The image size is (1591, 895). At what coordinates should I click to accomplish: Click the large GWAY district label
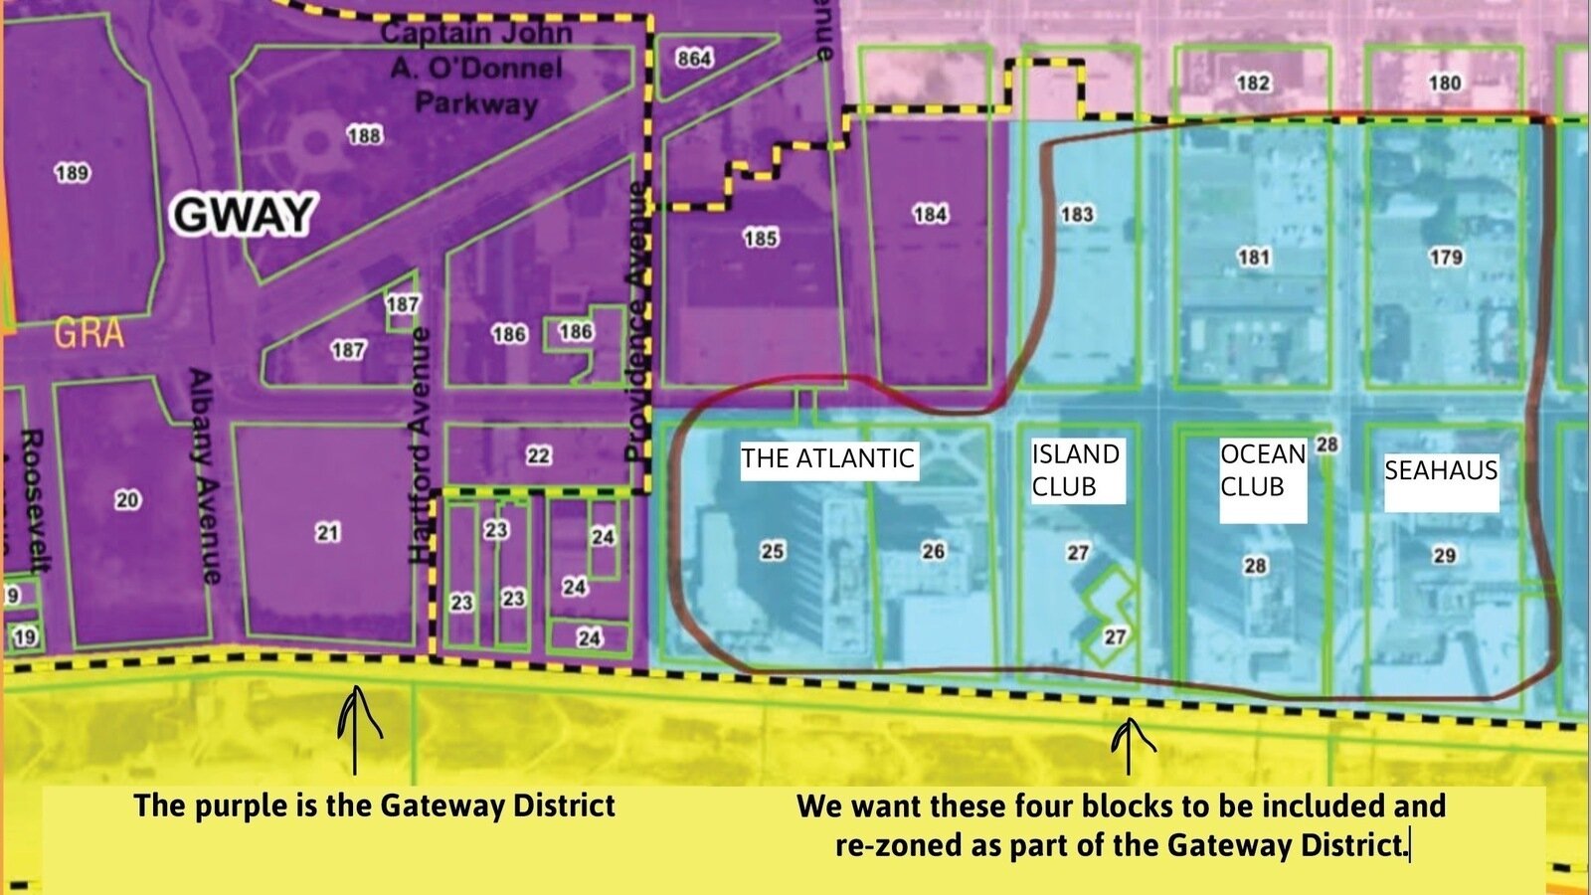[x=245, y=215]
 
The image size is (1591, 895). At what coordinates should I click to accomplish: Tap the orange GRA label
[x=88, y=333]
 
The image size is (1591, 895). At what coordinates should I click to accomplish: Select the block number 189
[x=72, y=173]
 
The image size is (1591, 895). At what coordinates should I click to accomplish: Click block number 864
[x=694, y=59]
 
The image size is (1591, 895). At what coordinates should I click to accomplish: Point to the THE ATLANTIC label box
[x=827, y=458]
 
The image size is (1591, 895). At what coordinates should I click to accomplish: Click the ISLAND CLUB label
[x=1075, y=470]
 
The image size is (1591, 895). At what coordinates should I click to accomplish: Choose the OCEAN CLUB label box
[x=1261, y=471]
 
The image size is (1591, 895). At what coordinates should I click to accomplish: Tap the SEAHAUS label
[x=1440, y=470]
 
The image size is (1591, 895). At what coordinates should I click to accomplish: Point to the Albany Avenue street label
[x=204, y=476]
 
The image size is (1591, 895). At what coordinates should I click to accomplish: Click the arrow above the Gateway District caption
[x=355, y=730]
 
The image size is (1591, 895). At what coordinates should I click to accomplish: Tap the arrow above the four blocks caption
[x=1130, y=746]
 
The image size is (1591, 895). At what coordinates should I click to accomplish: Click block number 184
[x=930, y=214]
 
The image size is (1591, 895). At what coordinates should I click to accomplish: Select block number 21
[x=328, y=533]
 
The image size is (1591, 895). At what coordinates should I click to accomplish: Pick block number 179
[x=1445, y=258]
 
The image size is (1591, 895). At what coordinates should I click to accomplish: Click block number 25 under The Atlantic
[x=773, y=551]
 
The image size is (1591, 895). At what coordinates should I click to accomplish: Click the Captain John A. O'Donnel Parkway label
[x=475, y=68]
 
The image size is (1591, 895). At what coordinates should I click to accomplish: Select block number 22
[x=538, y=455]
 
